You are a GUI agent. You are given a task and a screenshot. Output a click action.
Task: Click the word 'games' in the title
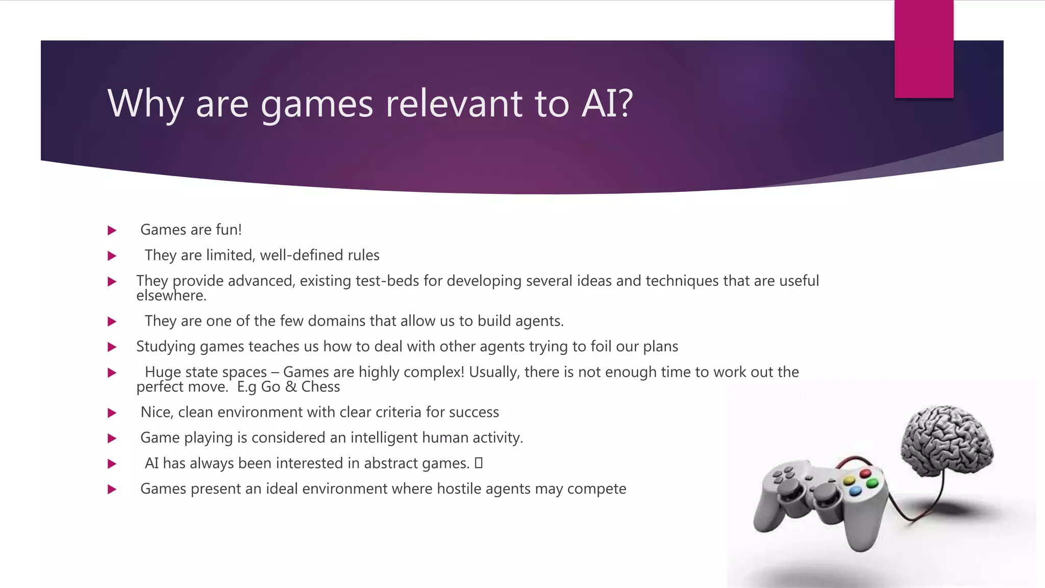(317, 104)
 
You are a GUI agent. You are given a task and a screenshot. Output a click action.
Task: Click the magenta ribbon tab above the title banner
(924, 49)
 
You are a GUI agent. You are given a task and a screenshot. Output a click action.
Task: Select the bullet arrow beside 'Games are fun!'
(112, 231)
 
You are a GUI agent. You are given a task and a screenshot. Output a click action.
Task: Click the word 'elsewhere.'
(171, 296)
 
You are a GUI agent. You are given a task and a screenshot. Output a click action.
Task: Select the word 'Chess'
(320, 387)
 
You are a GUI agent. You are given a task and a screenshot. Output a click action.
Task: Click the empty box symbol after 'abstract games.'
(478, 463)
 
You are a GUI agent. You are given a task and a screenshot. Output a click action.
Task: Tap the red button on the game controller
(865, 473)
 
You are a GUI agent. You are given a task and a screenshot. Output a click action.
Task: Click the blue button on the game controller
(855, 491)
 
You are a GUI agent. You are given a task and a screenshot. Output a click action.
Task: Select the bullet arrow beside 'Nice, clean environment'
(112, 413)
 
